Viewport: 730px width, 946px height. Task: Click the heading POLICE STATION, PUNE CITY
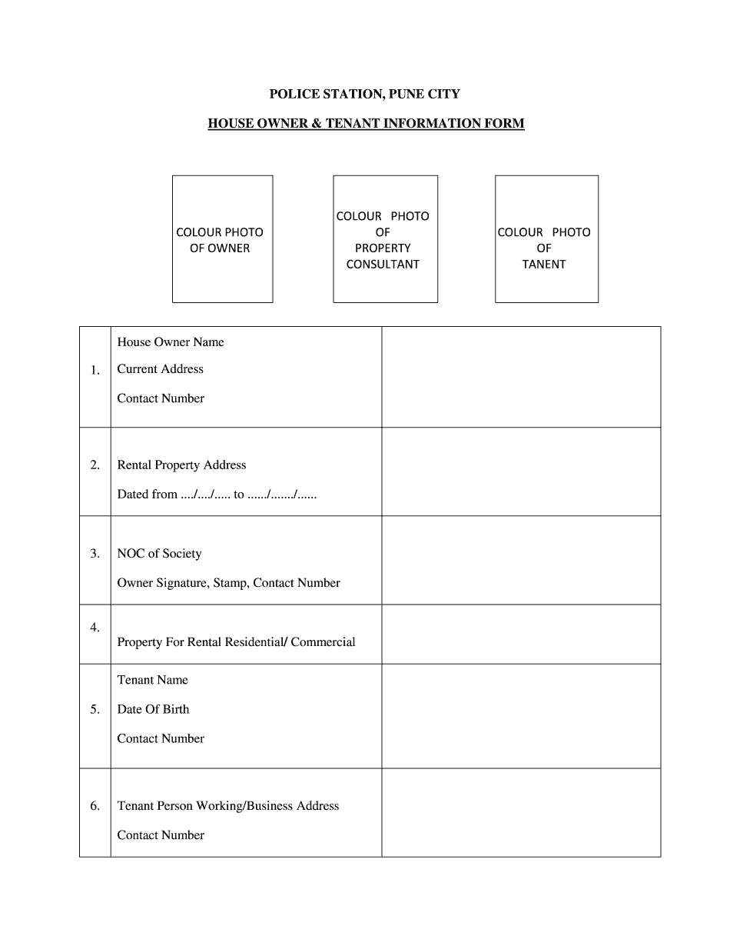pos(364,95)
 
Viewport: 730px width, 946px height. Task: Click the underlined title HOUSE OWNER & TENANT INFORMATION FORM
pos(366,123)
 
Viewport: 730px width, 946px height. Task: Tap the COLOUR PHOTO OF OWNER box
pos(222,239)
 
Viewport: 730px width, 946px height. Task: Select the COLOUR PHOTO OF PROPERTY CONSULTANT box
pos(385,239)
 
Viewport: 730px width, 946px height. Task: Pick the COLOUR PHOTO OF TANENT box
pos(546,239)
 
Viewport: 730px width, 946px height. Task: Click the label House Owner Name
pos(171,342)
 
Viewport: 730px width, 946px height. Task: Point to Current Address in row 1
pos(161,369)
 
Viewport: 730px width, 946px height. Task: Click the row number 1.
pos(95,371)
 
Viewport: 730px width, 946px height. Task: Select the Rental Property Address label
pos(181,465)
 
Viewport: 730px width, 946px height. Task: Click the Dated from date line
pos(217,495)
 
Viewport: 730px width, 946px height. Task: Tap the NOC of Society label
pos(159,554)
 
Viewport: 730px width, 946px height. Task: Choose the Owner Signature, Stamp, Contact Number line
pos(228,583)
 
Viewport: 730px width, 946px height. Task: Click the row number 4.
pos(95,628)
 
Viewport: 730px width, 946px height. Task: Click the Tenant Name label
pos(152,680)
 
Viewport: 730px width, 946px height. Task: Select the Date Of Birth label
pos(153,709)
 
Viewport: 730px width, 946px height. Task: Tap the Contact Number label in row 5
pos(161,738)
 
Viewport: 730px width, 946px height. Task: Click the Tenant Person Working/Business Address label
pos(227,806)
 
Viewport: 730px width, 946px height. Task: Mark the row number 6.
pos(95,806)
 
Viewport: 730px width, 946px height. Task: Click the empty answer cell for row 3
pos(521,560)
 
